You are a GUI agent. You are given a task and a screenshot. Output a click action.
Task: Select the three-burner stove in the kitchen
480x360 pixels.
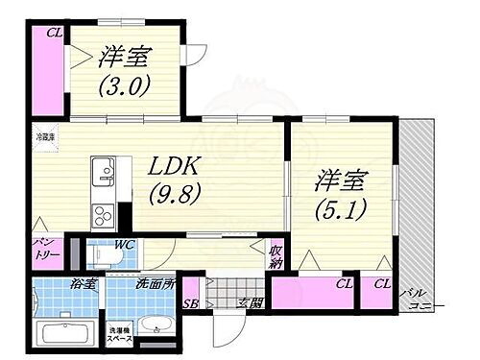102,214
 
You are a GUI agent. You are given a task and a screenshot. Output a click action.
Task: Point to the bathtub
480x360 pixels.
62,335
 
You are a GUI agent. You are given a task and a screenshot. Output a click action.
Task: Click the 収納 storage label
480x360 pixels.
276,257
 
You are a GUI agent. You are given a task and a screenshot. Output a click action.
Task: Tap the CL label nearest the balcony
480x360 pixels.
382,284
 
